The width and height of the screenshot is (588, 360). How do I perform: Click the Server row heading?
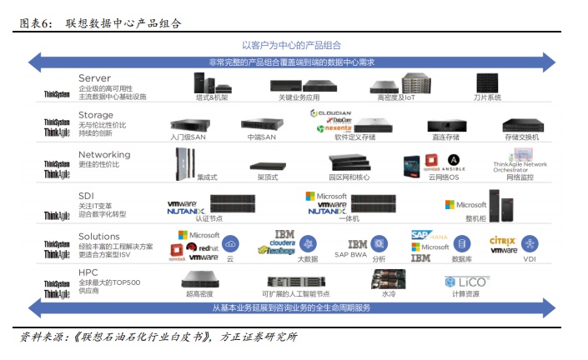pyautogui.click(x=94, y=77)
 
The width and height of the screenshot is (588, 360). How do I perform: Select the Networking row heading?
pyautogui.click(x=104, y=154)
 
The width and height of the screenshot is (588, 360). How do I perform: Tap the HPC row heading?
pyautogui.click(x=88, y=274)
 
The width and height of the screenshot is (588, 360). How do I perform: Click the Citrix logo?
pyautogui.click(x=504, y=240)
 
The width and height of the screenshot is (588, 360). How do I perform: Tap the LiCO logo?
pyautogui.click(x=473, y=281)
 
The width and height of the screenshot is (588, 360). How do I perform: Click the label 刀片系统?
pyautogui.click(x=488, y=97)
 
